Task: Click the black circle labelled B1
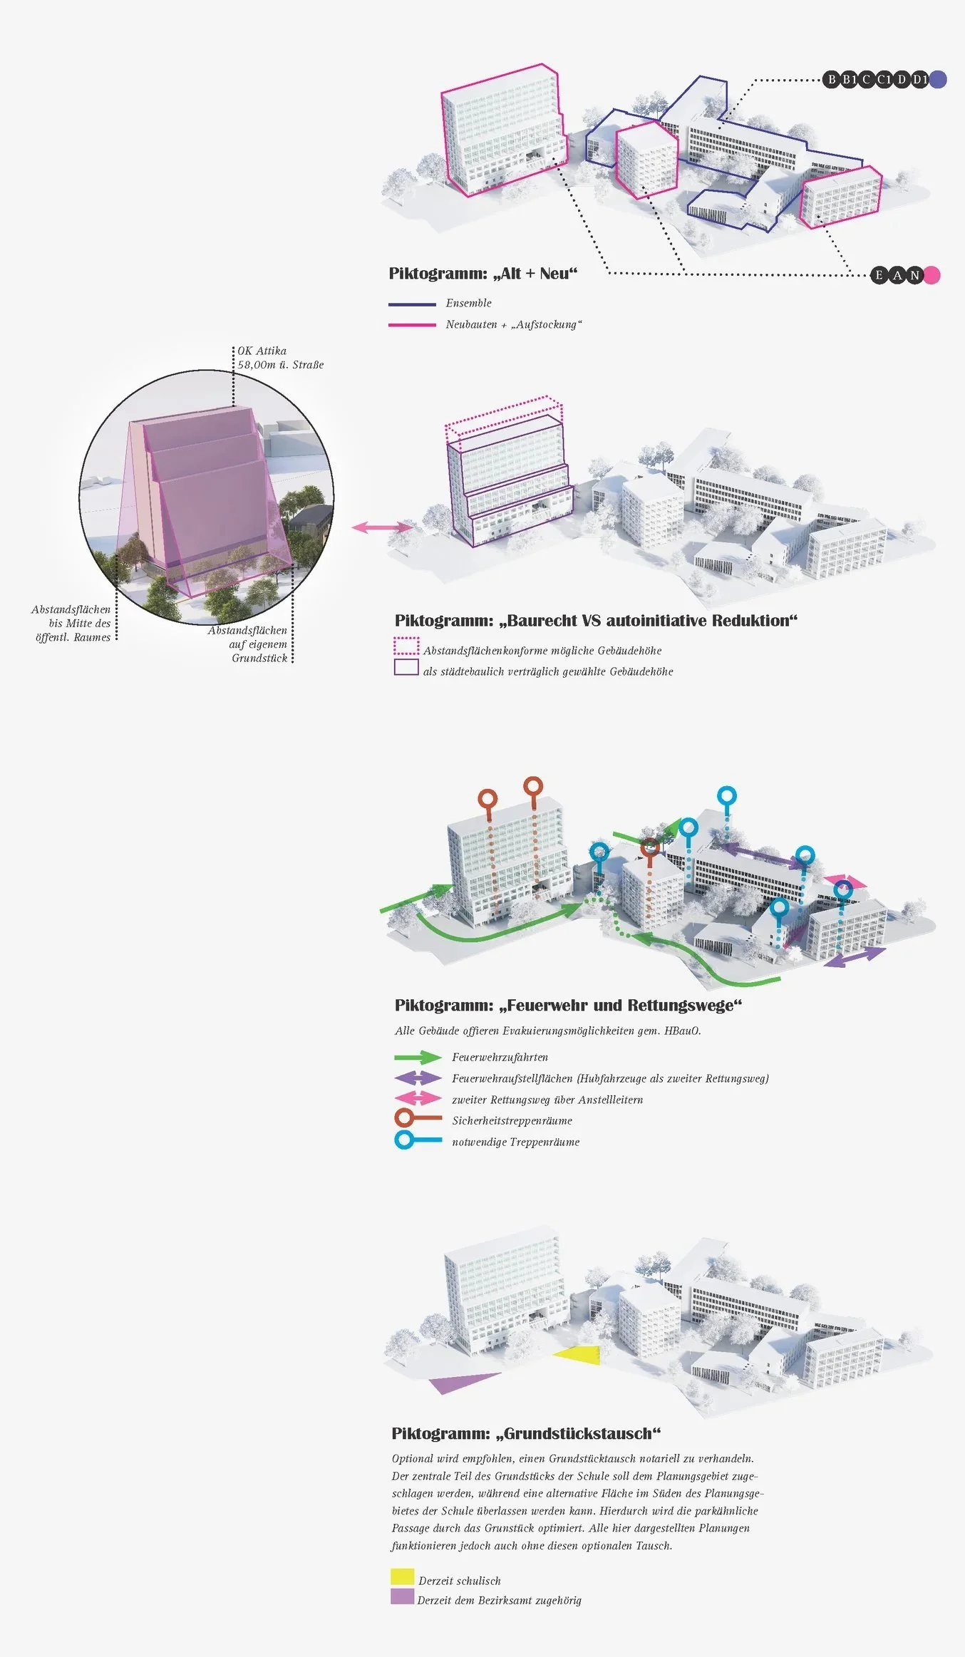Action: [849, 79]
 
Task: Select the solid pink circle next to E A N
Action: [932, 275]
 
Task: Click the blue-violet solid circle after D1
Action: [938, 79]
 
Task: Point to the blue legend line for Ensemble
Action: [412, 304]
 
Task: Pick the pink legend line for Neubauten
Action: [412, 325]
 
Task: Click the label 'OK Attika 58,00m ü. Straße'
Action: [280, 358]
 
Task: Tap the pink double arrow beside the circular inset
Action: [382, 527]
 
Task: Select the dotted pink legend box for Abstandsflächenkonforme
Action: [406, 646]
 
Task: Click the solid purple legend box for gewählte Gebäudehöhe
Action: [406, 667]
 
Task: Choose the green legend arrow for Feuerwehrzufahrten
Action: [418, 1057]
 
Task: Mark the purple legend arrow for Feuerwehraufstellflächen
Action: [418, 1078]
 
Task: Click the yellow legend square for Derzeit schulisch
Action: [402, 1576]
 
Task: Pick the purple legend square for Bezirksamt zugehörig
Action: [402, 1596]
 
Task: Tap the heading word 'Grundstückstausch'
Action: [582, 1433]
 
